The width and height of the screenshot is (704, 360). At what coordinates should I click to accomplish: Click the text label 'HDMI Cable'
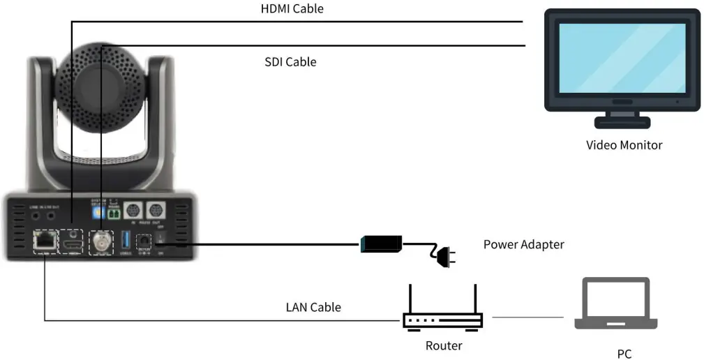point(292,9)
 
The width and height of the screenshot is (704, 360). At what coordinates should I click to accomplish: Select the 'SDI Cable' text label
point(290,62)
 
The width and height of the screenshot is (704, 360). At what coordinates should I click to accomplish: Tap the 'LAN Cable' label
point(313,306)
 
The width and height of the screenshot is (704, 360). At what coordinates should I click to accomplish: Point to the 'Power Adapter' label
point(523,244)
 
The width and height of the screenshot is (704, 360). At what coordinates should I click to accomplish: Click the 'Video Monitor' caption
point(624,145)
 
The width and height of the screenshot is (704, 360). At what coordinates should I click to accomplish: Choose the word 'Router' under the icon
point(444,345)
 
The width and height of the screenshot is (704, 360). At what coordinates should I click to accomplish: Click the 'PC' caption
point(624,354)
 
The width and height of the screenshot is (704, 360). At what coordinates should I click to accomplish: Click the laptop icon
point(615,304)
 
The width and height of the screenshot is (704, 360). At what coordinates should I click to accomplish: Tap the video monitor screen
point(621,59)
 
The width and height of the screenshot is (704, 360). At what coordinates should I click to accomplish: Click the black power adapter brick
point(380,244)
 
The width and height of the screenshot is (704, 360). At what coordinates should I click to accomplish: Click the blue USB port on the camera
point(126,241)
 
